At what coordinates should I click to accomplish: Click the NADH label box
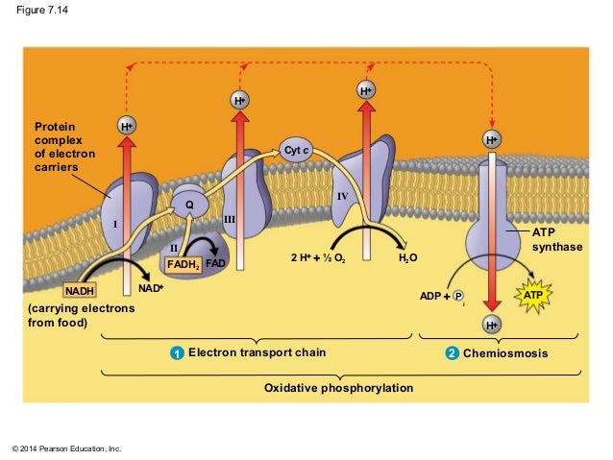(x=81, y=291)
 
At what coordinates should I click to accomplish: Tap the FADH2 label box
(x=183, y=264)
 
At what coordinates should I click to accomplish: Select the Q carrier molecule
(x=189, y=205)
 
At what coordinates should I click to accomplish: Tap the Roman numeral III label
(x=229, y=221)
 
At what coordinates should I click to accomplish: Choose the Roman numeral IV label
(x=342, y=196)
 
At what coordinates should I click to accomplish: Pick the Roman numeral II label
(x=174, y=249)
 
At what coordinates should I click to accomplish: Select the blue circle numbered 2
(x=451, y=354)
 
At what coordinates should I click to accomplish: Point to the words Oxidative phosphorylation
(x=338, y=389)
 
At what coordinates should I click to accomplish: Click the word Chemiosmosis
(x=505, y=354)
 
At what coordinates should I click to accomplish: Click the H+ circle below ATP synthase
(x=492, y=326)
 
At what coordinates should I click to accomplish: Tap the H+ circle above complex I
(x=126, y=126)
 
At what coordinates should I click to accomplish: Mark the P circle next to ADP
(x=458, y=297)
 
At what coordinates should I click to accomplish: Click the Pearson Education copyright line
(x=65, y=448)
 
